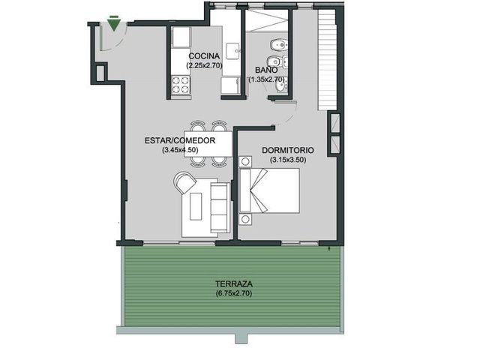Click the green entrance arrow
coord(114,25)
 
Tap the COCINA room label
coord(204,56)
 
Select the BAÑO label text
coord(266,70)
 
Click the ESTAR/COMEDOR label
coord(180,140)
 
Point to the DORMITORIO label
coord(288,150)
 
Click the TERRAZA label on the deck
coord(234,283)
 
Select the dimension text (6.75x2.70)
coord(234,293)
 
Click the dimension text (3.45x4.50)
coord(180,150)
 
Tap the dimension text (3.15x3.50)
coord(288,160)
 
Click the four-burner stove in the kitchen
coord(180,85)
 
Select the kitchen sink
coord(233,52)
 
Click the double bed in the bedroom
coord(269,190)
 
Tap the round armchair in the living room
coord(184,182)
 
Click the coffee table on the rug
coord(196,206)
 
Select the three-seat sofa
coord(220,208)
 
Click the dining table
coord(208,144)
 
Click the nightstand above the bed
coord(245,161)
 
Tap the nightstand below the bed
coord(245,220)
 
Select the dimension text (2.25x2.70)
coord(204,65)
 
